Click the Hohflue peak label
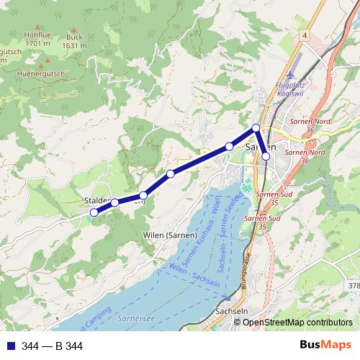point(36,38)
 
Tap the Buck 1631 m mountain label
point(74,41)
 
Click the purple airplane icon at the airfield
point(291,75)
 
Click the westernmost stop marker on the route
point(94,212)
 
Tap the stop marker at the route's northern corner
point(256,128)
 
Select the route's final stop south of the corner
point(266,156)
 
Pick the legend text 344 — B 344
point(52,346)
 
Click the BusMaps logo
point(326,346)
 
